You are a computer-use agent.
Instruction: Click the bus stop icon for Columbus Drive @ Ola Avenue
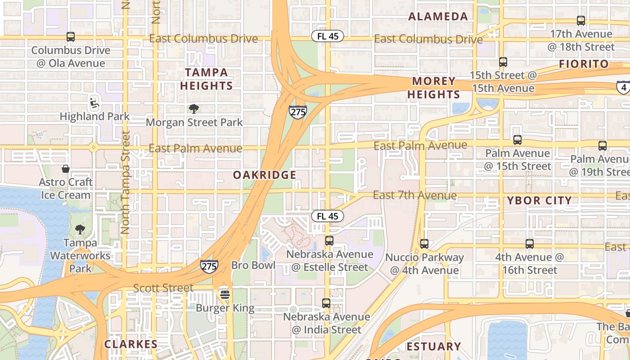pyautogui.click(x=70, y=37)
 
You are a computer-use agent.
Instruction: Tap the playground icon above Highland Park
pyautogui.click(x=94, y=103)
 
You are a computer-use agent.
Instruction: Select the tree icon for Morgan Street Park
pyautogui.click(x=194, y=108)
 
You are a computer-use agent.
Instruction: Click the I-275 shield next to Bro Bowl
pyautogui.click(x=209, y=266)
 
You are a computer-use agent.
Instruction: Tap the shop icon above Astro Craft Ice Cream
pyautogui.click(x=66, y=169)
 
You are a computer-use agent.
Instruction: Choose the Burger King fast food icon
pyautogui.click(x=225, y=295)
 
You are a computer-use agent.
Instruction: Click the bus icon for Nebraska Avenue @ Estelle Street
pyautogui.click(x=329, y=241)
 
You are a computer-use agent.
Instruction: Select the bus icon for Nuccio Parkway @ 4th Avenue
pyautogui.click(x=424, y=244)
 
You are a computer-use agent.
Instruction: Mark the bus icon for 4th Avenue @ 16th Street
pyautogui.click(x=530, y=244)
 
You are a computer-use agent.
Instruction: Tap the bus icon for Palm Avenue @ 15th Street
pyautogui.click(x=517, y=140)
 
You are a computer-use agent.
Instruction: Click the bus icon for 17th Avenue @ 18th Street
pyautogui.click(x=581, y=21)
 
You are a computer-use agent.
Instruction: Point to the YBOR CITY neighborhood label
pyautogui.click(x=539, y=201)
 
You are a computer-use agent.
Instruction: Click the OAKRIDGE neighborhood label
pyautogui.click(x=265, y=175)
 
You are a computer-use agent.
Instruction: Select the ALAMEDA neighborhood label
pyautogui.click(x=438, y=17)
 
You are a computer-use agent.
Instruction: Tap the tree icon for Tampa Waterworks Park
pyautogui.click(x=80, y=229)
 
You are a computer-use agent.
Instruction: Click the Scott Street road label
pyautogui.click(x=163, y=288)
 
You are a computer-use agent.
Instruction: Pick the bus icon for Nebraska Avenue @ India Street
pyautogui.click(x=326, y=303)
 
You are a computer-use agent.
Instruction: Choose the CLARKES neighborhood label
pyautogui.click(x=131, y=345)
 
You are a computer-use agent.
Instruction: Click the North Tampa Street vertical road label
pyautogui.click(x=125, y=182)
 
